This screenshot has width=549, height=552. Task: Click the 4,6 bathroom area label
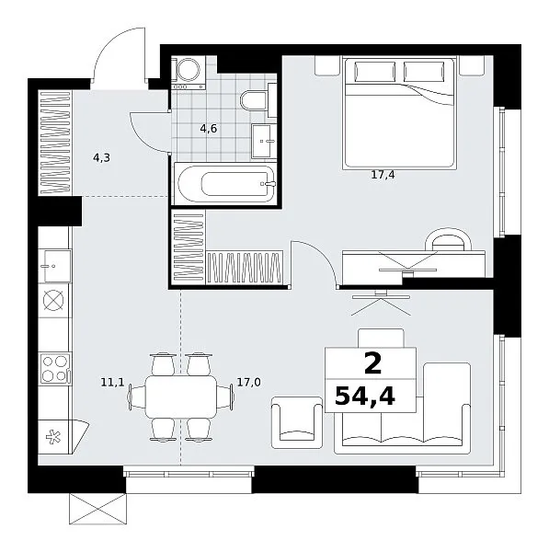point(209,129)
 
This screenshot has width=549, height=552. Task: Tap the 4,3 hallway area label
point(101,157)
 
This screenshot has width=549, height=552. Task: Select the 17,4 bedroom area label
point(383,174)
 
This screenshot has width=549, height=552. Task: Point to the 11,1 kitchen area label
point(112,382)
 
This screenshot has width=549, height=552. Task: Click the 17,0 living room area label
point(249,382)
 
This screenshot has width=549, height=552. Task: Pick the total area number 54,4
point(365,396)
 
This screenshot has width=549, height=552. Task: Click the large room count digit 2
point(372,364)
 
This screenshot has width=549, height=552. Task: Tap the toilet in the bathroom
point(258,100)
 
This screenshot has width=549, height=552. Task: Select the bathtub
point(227,183)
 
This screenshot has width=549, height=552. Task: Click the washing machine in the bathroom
point(189,73)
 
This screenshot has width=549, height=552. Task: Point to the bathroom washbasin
point(262,141)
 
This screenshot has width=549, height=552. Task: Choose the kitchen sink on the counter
point(54,266)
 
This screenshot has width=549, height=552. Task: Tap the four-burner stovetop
point(54,369)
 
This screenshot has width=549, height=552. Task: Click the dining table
point(181,397)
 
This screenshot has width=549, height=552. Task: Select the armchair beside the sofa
point(297,422)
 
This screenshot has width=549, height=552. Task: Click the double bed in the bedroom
point(399,113)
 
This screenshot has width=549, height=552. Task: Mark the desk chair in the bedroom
point(449,239)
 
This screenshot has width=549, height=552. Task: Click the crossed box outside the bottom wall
point(97,509)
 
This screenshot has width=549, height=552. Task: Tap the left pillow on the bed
point(375,72)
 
